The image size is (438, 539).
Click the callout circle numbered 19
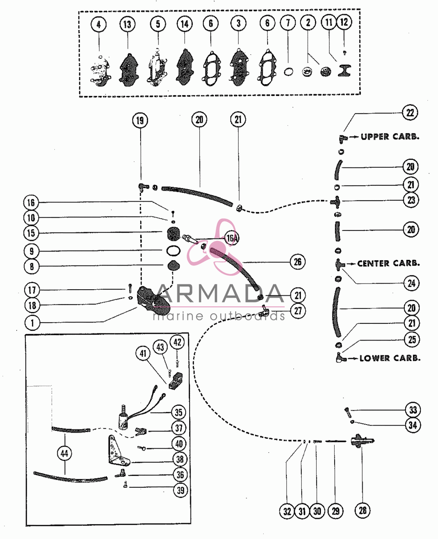(x=140, y=120)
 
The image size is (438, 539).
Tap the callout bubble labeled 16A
(x=232, y=238)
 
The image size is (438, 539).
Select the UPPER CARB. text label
(x=390, y=137)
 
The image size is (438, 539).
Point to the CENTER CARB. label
(x=389, y=263)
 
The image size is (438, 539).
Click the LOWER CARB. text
(x=390, y=358)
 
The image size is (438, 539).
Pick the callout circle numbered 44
(x=64, y=453)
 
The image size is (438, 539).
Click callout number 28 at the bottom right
(x=363, y=510)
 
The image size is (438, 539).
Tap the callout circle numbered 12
(x=344, y=22)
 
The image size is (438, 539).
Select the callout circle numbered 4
(x=99, y=24)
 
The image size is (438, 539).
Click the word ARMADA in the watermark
(x=220, y=294)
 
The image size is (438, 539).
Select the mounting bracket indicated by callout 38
(x=118, y=450)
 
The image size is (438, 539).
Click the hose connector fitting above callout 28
(x=362, y=441)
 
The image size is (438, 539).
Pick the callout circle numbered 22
(x=410, y=113)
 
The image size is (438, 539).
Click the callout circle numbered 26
(x=297, y=262)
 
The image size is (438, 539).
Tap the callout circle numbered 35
(x=179, y=412)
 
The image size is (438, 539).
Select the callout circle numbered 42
(x=177, y=342)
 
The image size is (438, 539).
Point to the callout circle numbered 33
(x=413, y=410)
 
